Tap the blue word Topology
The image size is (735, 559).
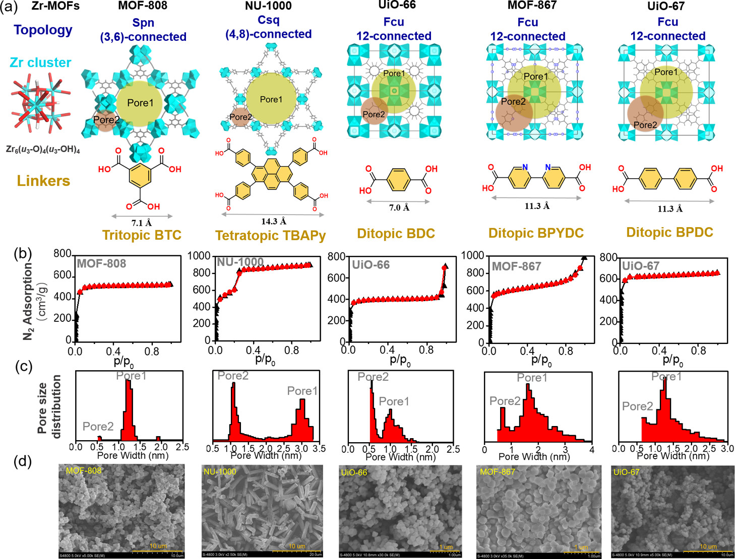click(43, 30)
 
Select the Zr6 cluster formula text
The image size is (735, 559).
click(43, 150)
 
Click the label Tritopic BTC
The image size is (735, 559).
click(142, 235)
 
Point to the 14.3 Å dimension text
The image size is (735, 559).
click(273, 222)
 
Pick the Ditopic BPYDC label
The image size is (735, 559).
click(536, 233)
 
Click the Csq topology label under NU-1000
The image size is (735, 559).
click(268, 20)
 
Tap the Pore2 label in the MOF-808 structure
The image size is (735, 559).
click(106, 120)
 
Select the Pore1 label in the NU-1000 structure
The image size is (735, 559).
click(271, 100)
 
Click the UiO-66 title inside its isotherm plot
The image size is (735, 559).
click(371, 265)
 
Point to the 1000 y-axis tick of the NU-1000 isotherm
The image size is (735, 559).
click(199, 256)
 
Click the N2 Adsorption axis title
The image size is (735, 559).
click(29, 301)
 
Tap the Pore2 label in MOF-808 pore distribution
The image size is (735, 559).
click(98, 427)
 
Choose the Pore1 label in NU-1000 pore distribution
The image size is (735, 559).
click(302, 391)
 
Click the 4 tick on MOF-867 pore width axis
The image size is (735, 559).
click(591, 449)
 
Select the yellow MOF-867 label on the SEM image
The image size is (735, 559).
click(497, 472)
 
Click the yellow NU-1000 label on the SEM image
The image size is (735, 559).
click(220, 472)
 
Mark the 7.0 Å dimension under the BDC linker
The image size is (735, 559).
click(399, 207)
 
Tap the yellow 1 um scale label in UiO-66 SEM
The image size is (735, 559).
click(446, 547)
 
